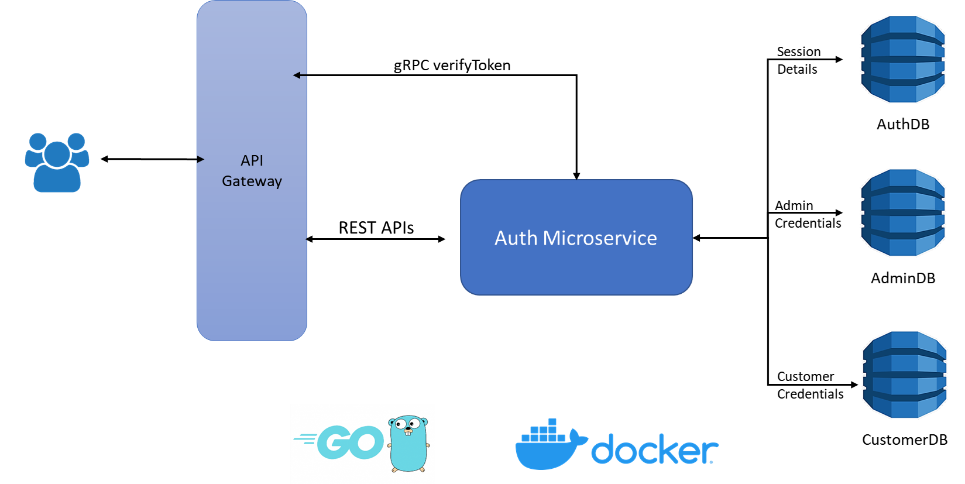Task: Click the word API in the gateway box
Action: point(252,160)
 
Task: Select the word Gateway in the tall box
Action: point(252,181)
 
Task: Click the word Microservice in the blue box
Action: point(600,238)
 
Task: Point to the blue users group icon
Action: point(57,162)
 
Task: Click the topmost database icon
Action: point(903,59)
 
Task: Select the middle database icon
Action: point(903,212)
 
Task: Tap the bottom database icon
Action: point(905,375)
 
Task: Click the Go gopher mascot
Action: point(408,444)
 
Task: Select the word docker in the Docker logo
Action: point(654,449)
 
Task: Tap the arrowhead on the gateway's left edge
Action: point(200,159)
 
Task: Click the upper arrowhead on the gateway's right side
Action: point(297,75)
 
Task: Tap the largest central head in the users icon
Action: point(57,155)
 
